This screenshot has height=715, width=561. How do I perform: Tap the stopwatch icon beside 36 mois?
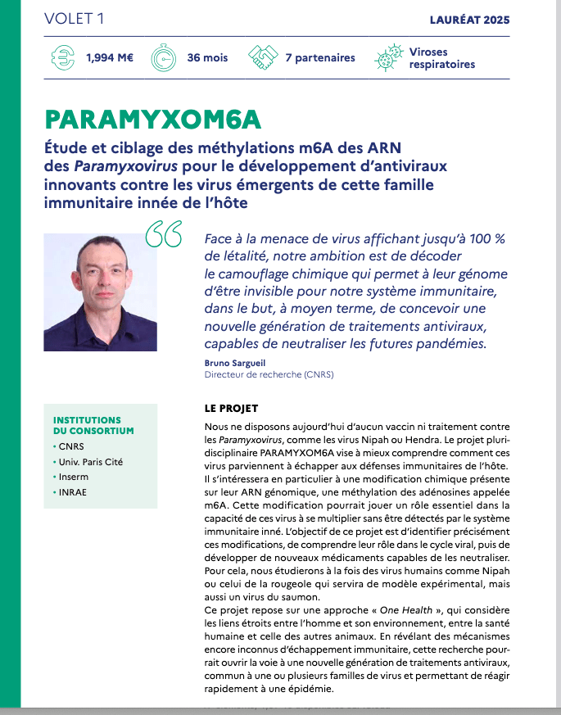coord(165,58)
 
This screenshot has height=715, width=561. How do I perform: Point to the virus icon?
coord(387,58)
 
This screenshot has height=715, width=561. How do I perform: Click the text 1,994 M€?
coord(110,58)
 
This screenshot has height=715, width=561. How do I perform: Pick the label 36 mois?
coord(208,58)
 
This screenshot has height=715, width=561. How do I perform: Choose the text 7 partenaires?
coord(320,58)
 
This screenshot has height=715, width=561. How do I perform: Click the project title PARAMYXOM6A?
coord(153,120)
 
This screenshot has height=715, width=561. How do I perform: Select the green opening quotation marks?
coord(163,234)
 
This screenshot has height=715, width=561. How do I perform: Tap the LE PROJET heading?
coord(231,407)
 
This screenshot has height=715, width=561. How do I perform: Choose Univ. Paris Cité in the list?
coord(90,462)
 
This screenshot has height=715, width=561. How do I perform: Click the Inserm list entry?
coord(74,477)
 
